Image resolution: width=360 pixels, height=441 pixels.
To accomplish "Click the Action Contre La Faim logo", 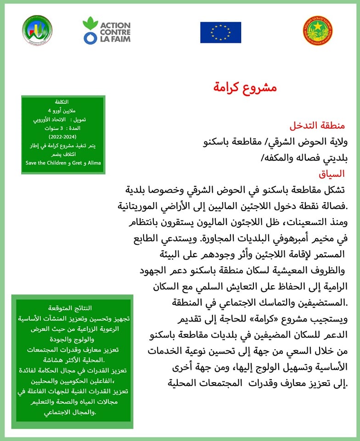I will pyautogui.click(x=107, y=30).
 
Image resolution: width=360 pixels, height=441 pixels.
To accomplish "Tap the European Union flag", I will pyautogui.click(x=220, y=32).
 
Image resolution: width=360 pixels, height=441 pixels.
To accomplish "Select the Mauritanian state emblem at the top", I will pyautogui.click(x=318, y=30).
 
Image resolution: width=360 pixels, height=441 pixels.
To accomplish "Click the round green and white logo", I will pyautogui.click(x=37, y=30).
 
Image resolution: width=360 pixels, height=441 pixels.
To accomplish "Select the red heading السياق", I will pyautogui.click(x=332, y=175).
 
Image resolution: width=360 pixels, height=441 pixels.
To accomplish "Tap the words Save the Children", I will pyautogui.click(x=45, y=163).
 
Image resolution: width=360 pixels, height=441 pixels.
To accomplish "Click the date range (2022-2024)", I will pyautogui.click(x=63, y=137).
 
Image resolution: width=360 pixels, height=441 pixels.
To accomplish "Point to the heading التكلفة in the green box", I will pyautogui.click(x=62, y=102).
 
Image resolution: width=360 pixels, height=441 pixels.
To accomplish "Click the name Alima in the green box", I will pyautogui.click(x=94, y=163).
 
